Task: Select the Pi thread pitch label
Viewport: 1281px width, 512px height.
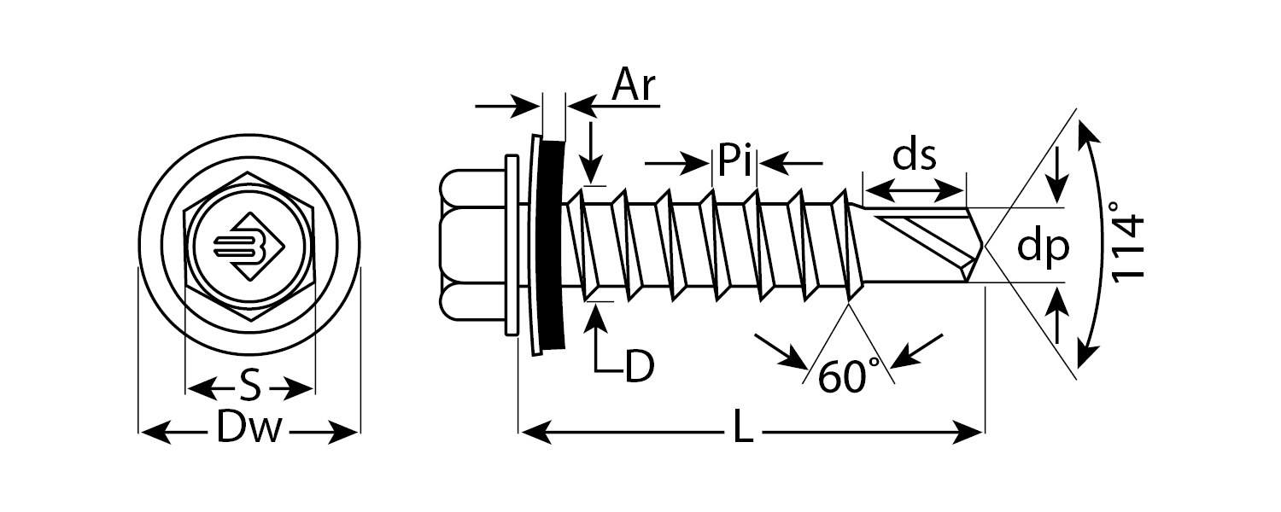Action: (734, 160)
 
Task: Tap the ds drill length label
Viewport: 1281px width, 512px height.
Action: (915, 156)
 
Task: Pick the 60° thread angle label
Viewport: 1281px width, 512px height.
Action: (843, 376)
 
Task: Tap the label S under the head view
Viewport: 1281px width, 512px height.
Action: (249, 388)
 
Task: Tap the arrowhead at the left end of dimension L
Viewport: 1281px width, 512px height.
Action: (529, 432)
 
